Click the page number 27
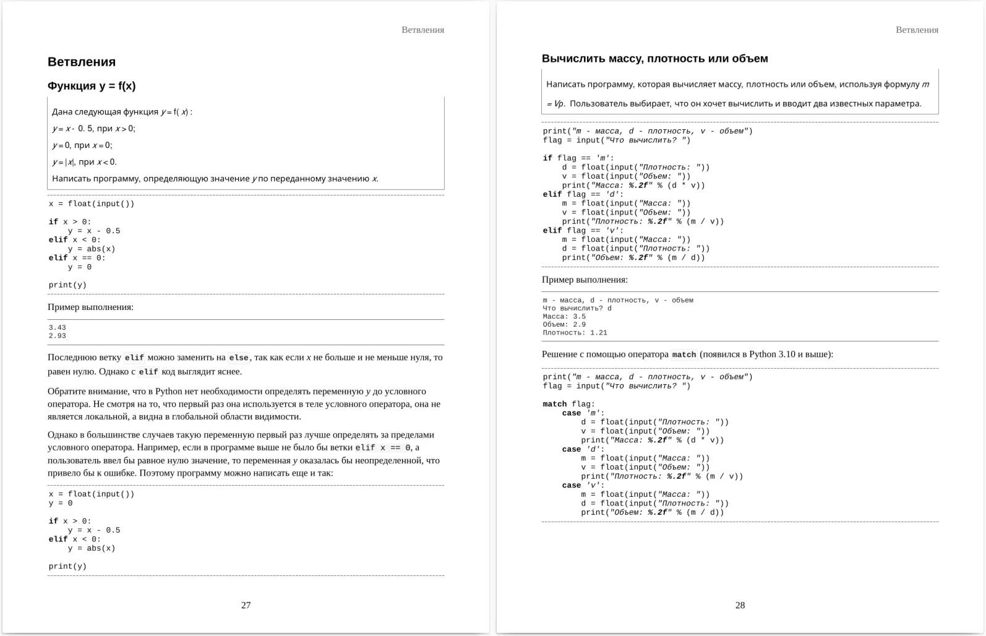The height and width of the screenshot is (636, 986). tap(246, 605)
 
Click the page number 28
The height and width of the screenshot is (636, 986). tap(740, 605)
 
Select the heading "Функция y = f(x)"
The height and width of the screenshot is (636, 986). tap(92, 86)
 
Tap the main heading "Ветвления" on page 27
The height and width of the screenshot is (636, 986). tap(82, 62)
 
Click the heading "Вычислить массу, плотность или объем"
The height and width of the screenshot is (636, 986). tap(654, 59)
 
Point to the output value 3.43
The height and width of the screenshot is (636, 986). tap(58, 328)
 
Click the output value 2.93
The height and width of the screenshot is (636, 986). tap(58, 336)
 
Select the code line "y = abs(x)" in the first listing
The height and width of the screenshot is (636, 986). tap(91, 249)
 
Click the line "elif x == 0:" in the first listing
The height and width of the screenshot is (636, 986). tap(77, 258)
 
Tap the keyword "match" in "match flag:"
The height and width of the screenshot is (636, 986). tap(555, 404)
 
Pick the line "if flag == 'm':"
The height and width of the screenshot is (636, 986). tap(578, 158)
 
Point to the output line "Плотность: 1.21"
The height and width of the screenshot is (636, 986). tap(575, 333)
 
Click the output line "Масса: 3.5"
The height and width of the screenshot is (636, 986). tap(564, 317)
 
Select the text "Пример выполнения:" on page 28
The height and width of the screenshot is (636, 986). tap(585, 280)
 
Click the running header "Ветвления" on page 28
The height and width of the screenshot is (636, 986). tap(917, 30)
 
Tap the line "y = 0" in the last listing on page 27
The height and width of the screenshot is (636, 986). tap(61, 503)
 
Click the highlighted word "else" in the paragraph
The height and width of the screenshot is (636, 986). tap(239, 358)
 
